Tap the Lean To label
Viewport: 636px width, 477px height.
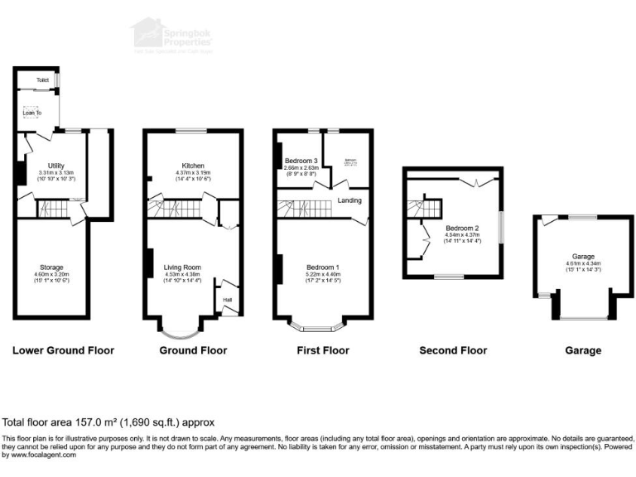point(32,112)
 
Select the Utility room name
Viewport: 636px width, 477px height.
point(57,166)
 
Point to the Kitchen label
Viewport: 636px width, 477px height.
point(193,166)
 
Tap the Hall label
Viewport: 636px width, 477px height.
point(227,300)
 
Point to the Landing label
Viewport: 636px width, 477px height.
point(348,198)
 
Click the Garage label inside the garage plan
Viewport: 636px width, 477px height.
point(571,257)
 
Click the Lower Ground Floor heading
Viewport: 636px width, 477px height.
point(63,350)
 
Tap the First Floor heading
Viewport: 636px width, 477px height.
point(323,350)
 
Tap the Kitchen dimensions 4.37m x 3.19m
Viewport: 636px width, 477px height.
point(193,172)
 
